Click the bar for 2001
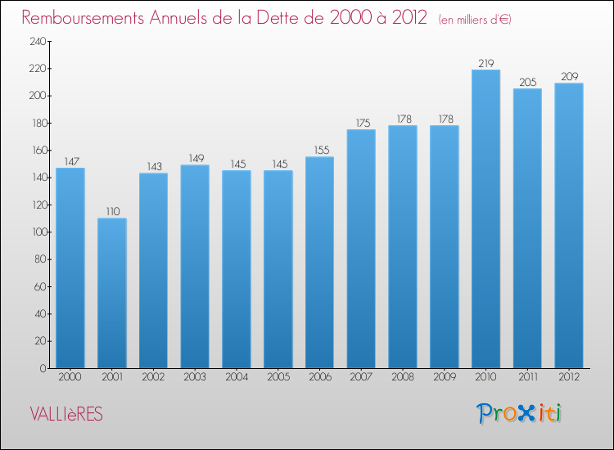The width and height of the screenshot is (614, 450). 112,293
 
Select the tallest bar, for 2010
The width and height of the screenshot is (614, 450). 486,218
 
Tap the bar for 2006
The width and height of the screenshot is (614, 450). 319,263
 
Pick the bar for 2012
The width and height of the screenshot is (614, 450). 569,226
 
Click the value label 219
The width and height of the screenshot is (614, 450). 486,63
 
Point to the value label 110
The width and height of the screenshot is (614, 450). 113,212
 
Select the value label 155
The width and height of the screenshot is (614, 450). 322,151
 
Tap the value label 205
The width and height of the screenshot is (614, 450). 528,82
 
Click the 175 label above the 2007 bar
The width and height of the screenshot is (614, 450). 363,124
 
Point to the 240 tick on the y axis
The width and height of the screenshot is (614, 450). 38,42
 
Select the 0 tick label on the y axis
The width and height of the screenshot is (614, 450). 43,368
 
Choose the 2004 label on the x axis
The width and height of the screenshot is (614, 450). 237,377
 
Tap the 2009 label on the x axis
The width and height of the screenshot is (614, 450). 445,377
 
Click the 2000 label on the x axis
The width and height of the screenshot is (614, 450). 70,377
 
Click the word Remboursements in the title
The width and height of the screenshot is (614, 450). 83,18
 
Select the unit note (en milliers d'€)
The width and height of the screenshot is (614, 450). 475,20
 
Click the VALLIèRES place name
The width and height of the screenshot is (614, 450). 66,414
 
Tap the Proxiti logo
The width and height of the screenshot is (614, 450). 519,413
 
